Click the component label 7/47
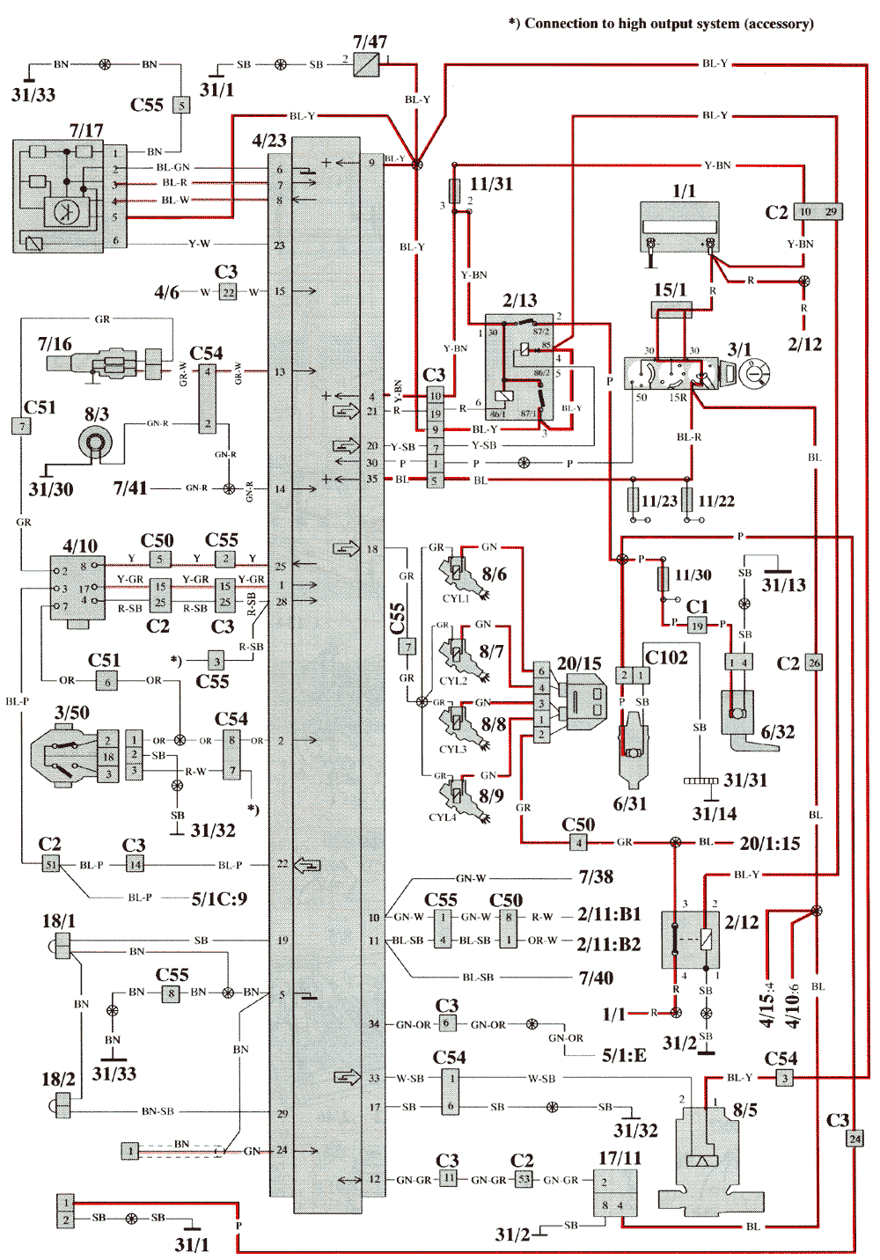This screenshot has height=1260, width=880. click(370, 41)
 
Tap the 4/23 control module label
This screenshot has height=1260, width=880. click(269, 141)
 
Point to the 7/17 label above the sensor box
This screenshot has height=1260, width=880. click(86, 130)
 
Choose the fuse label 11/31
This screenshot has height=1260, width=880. click(491, 184)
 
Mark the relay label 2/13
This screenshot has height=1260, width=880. click(519, 301)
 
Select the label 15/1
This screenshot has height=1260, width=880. click(670, 289)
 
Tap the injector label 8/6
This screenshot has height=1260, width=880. click(494, 575)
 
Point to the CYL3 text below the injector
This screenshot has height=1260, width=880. click(453, 750)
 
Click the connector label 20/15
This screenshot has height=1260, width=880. click(579, 663)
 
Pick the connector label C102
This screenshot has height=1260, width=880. click(667, 657)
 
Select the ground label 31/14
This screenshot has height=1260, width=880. click(715, 814)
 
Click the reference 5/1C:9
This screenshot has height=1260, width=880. click(219, 899)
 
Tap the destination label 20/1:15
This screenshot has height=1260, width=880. click(770, 844)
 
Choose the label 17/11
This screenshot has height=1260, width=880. click(620, 1158)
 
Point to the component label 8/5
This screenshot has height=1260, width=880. click(744, 1110)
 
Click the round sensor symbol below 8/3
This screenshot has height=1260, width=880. click(95, 444)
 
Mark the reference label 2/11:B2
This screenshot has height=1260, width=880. click(609, 944)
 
